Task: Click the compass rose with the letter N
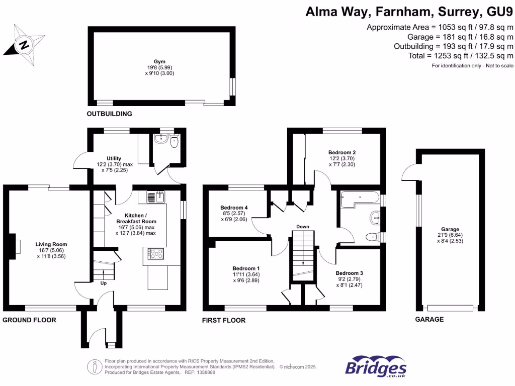[x=23, y=46]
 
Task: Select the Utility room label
[x=114, y=158]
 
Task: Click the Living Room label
[x=52, y=244]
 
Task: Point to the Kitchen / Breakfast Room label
[x=136, y=218]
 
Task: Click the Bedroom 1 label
[x=246, y=268]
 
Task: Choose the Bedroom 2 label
[x=342, y=152]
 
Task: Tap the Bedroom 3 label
[x=349, y=273]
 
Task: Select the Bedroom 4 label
[x=234, y=207]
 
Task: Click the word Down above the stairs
[x=302, y=227]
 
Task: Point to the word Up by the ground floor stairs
[x=104, y=283]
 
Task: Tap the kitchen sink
[x=156, y=197]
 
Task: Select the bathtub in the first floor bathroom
[x=360, y=200]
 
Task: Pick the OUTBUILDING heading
[x=109, y=114]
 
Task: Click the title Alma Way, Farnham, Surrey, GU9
[x=409, y=11]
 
